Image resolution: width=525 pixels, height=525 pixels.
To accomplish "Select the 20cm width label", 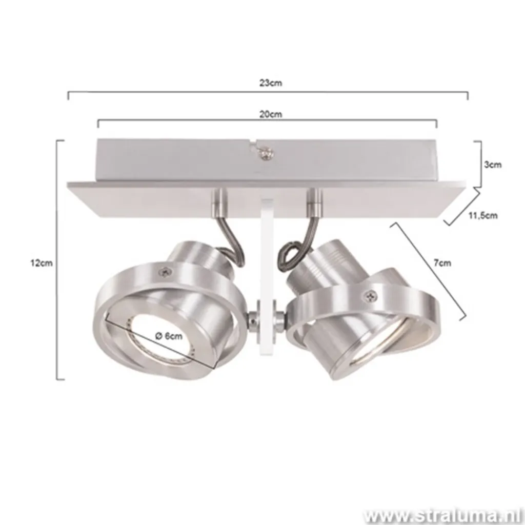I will [x=270, y=114].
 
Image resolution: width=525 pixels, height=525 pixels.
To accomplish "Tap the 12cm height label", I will [x=42, y=262].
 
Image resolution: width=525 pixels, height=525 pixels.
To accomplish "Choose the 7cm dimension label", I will [x=442, y=263].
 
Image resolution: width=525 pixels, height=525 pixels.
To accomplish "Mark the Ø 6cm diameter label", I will [x=168, y=336].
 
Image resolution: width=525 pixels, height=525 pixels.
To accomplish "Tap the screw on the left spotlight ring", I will [x=166, y=272].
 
